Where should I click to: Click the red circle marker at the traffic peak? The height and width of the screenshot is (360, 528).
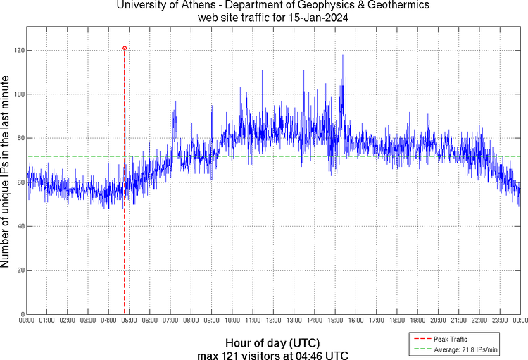(125, 49)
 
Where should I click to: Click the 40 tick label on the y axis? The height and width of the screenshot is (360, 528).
(19, 226)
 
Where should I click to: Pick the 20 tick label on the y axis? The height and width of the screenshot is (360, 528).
(19, 271)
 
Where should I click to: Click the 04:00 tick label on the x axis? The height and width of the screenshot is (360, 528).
(108, 321)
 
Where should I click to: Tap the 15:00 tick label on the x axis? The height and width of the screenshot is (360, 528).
(335, 321)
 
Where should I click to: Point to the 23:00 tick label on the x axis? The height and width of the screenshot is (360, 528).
(500, 321)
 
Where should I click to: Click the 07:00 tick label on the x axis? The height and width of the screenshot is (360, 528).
(170, 321)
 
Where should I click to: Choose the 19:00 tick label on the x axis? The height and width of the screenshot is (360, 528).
(417, 321)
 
